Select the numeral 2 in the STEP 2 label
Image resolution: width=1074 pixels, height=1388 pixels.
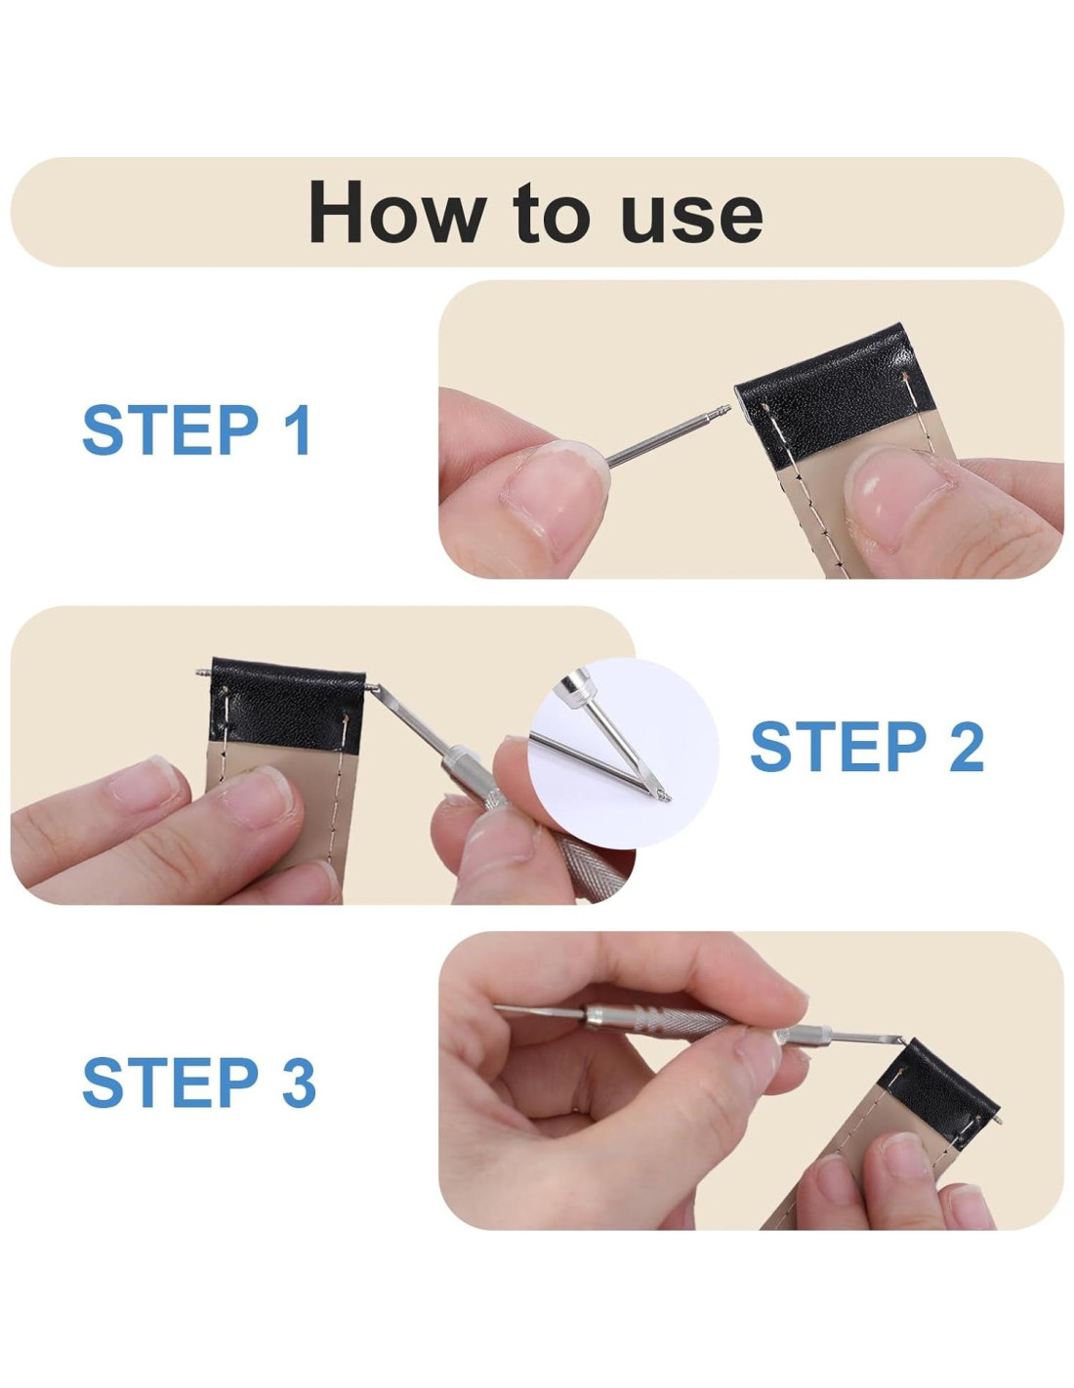[964, 748]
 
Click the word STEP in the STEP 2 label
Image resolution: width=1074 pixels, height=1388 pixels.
[838, 748]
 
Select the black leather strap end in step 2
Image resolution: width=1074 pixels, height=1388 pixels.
[287, 704]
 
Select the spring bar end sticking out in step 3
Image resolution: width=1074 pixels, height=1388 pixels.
[997, 1119]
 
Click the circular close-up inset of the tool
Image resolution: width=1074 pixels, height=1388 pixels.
[623, 754]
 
